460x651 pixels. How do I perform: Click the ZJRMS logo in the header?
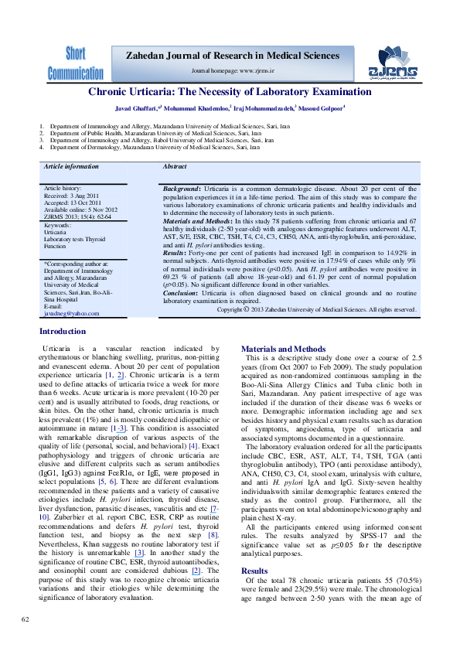tap(397, 63)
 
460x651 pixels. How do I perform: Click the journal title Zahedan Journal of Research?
tap(232, 56)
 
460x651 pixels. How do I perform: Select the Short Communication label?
tap(75, 63)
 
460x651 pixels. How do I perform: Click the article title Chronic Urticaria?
tap(230, 92)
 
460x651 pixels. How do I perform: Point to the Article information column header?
tap(71, 167)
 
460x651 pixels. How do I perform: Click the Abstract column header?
tap(175, 167)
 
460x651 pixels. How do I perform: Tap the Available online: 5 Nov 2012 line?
tap(80, 210)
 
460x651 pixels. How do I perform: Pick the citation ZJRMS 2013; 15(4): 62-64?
tap(80, 216)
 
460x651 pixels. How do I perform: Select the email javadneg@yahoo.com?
tap(71, 313)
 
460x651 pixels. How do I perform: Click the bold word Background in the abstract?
tap(182, 189)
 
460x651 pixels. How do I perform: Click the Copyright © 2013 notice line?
tap(317, 309)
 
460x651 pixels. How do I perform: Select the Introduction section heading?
tap(63, 332)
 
